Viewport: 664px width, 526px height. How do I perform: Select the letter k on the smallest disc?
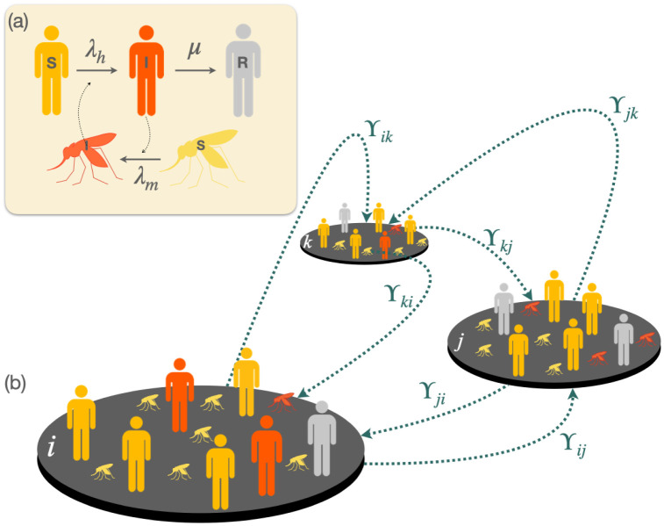[x=310, y=240]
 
